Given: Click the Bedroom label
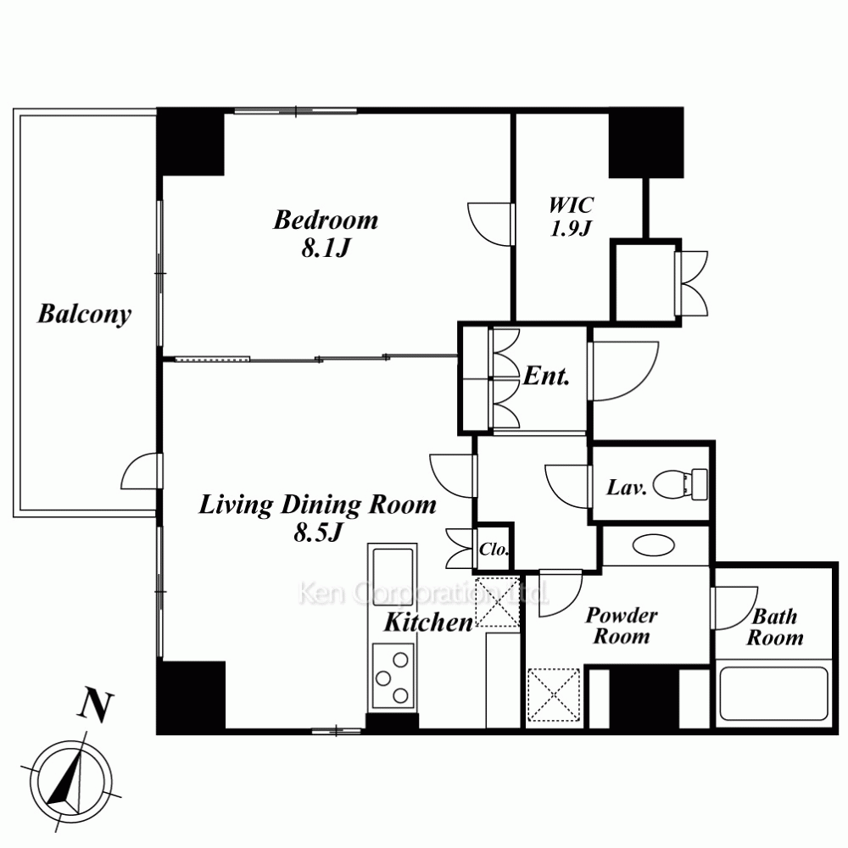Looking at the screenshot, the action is pyautogui.click(x=326, y=220).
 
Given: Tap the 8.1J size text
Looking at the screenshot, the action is pyautogui.click(x=326, y=248).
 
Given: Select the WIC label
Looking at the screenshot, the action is pyautogui.click(x=571, y=205).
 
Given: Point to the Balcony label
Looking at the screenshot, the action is pyautogui.click(x=84, y=315).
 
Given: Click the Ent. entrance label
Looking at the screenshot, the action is pyautogui.click(x=546, y=376).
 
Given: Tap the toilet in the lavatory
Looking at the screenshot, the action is pyautogui.click(x=680, y=484).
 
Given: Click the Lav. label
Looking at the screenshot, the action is pyautogui.click(x=627, y=488).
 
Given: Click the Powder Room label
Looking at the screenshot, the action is pyautogui.click(x=622, y=626).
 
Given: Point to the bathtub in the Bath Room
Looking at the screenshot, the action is pyautogui.click(x=774, y=694).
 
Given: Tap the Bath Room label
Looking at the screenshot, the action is pyautogui.click(x=775, y=628).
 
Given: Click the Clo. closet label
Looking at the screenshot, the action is pyautogui.click(x=494, y=550).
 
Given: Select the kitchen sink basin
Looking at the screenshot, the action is pyautogui.click(x=393, y=570).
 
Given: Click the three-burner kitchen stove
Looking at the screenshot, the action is pyautogui.click(x=393, y=677).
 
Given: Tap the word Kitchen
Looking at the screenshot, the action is pyautogui.click(x=428, y=622).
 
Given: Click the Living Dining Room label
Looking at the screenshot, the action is pyautogui.click(x=317, y=505).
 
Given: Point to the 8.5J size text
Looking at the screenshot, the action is pyautogui.click(x=318, y=533).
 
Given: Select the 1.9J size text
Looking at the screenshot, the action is pyautogui.click(x=570, y=229).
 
